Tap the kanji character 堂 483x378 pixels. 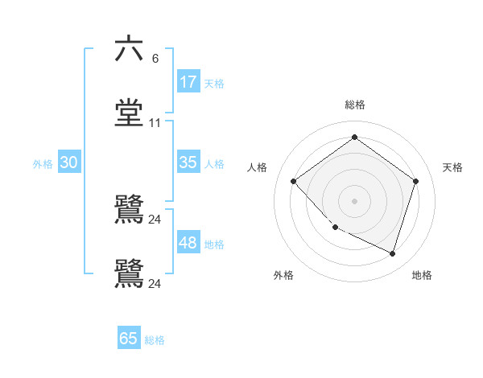129,113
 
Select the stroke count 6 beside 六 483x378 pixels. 155,58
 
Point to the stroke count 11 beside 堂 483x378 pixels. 155,123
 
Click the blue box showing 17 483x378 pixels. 188,82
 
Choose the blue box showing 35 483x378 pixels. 188,162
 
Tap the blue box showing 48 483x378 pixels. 188,243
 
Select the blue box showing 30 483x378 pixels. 69,162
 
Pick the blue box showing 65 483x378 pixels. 129,339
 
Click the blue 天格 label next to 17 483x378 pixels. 214,83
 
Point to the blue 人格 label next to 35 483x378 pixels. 214,163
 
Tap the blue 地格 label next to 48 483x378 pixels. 214,244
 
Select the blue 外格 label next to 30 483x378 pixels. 43,163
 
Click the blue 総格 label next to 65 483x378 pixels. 155,339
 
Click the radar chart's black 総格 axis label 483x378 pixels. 354,105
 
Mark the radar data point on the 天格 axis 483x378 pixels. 415,181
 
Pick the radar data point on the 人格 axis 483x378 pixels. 294,181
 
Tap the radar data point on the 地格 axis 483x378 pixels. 392,253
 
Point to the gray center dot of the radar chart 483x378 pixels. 354,200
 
